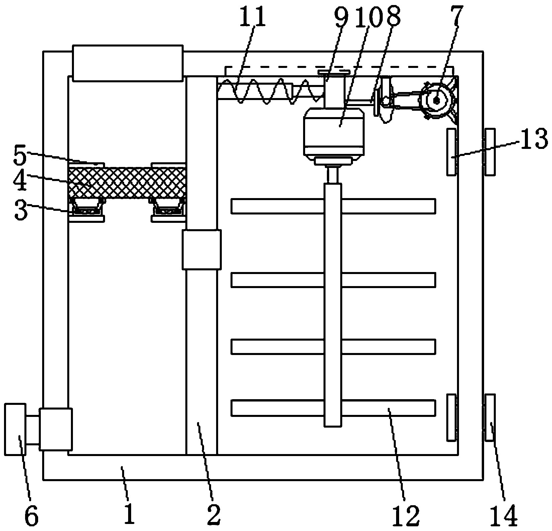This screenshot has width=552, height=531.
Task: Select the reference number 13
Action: pyautogui.click(x=533, y=141)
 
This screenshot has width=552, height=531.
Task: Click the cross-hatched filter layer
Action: pyautogui.click(x=127, y=182)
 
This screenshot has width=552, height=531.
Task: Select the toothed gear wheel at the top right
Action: pyautogui.click(x=436, y=100)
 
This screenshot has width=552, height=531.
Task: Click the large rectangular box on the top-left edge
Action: pyautogui.click(x=128, y=63)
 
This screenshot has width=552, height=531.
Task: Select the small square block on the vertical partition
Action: pyautogui.click(x=201, y=249)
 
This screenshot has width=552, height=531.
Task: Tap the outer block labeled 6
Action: pyautogui.click(x=15, y=429)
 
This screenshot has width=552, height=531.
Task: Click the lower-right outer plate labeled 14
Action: pyautogui.click(x=490, y=417)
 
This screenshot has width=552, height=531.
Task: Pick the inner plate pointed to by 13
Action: pyautogui.click(x=452, y=152)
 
